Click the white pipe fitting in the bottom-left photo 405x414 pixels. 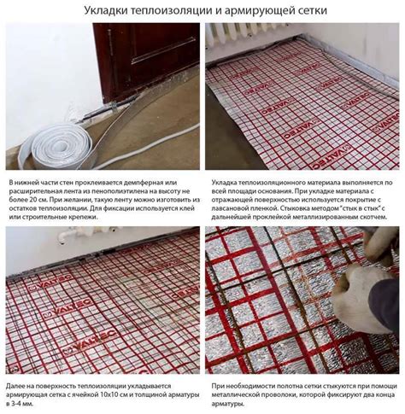63,236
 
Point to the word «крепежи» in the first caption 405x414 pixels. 84,217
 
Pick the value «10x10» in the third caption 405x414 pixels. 109,395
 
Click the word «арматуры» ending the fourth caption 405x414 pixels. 227,405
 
